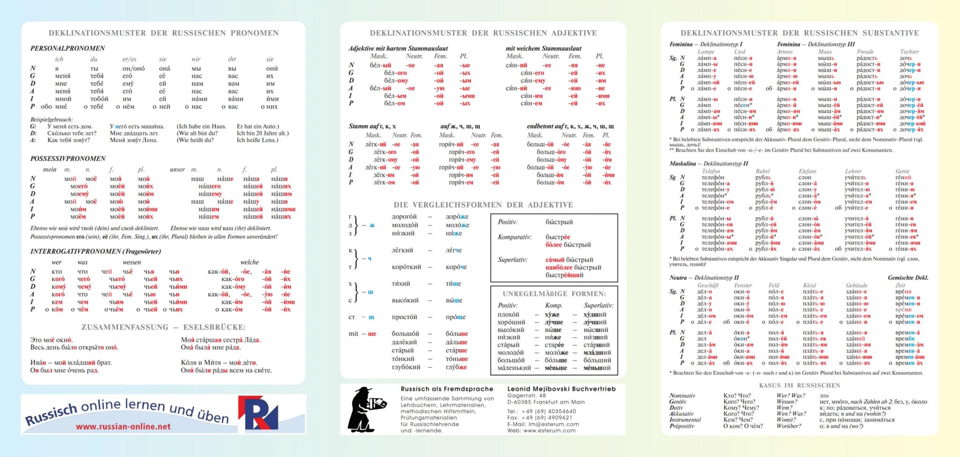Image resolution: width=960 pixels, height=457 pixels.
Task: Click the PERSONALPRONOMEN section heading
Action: point(67,48)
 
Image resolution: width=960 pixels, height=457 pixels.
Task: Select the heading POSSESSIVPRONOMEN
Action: point(68,159)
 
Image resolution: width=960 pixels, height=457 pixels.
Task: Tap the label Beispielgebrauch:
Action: point(52,120)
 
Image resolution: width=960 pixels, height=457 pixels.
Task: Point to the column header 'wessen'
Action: point(132,262)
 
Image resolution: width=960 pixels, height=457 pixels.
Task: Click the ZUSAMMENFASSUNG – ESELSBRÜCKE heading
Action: point(163,327)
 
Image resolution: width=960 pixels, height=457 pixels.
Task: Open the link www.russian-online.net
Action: point(123,427)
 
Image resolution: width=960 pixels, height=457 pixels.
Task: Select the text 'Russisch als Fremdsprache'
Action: point(447,389)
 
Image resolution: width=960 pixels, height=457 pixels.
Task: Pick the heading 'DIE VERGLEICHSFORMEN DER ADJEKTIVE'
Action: point(483,205)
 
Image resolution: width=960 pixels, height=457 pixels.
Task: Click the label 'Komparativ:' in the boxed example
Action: point(515,237)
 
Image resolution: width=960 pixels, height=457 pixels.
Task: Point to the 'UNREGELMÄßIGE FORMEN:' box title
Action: point(554,294)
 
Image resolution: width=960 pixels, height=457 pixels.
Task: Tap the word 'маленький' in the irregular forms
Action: point(514,368)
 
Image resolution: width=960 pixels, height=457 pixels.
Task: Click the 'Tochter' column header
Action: point(909,52)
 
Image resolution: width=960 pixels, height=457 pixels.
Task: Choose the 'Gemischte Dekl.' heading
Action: point(907,278)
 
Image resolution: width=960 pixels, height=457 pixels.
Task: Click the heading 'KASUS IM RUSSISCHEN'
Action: point(799,385)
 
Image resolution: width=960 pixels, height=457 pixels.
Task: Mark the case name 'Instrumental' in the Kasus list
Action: point(685,420)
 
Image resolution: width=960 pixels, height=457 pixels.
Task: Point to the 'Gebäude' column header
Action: point(856,285)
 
